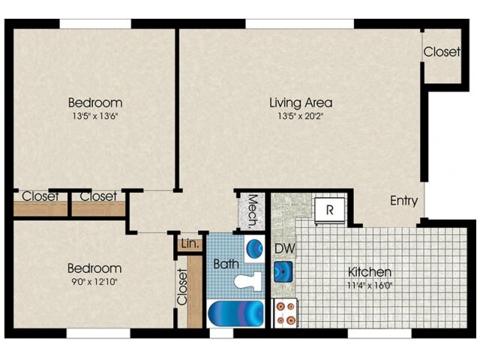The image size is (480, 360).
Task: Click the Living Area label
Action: [x=301, y=103]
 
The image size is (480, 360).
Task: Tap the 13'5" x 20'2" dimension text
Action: [x=301, y=116]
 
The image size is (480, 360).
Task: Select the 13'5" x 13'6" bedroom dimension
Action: [x=95, y=116]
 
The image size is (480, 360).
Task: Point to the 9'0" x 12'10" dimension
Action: [x=94, y=282]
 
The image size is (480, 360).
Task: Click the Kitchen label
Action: [x=370, y=271]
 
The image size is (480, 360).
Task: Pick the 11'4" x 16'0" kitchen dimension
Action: [x=370, y=285]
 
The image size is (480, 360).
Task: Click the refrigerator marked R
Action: [x=328, y=209]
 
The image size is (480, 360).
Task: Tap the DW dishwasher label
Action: [x=283, y=249]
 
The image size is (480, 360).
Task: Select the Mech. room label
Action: [x=253, y=211]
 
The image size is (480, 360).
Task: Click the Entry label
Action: [x=403, y=201]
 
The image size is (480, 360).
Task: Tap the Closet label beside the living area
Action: [x=442, y=52]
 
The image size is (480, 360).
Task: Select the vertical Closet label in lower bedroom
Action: [x=182, y=286]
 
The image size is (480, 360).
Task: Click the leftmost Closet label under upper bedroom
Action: [x=40, y=196]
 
